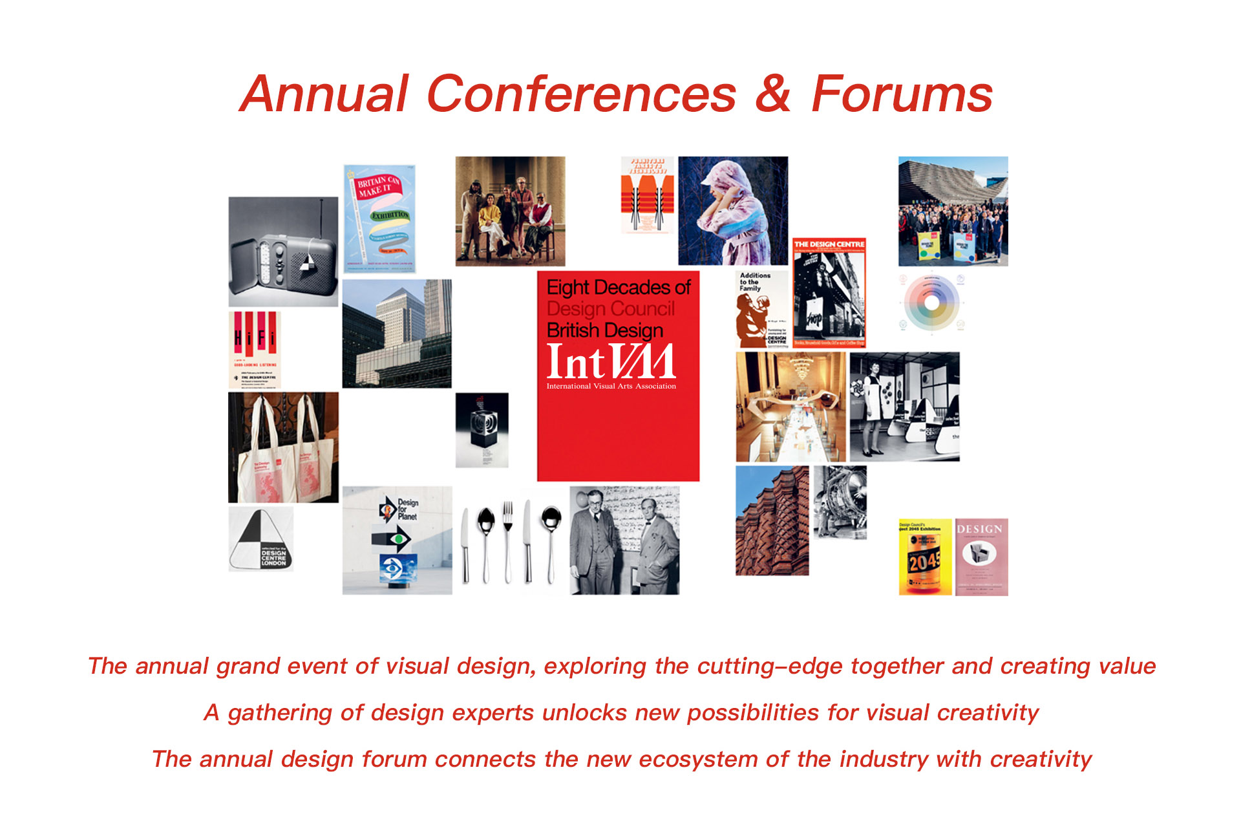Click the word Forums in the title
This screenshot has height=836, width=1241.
pyautogui.click(x=902, y=94)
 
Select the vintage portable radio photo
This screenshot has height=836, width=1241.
pyautogui.click(x=283, y=252)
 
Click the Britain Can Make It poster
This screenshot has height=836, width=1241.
pyautogui.click(x=379, y=218)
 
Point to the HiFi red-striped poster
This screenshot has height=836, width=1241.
pyautogui.click(x=255, y=349)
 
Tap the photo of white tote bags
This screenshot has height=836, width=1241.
pyautogui.click(x=283, y=447)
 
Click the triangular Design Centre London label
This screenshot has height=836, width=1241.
pyautogui.click(x=261, y=539)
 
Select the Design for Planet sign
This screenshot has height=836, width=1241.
pyautogui.click(x=397, y=540)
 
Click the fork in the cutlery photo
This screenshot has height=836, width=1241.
pyautogui.click(x=508, y=540)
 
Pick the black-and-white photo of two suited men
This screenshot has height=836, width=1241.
pyautogui.click(x=624, y=541)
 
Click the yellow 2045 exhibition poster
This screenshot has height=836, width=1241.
pyautogui.click(x=925, y=557)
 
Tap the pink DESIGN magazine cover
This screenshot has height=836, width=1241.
pyautogui.click(x=981, y=557)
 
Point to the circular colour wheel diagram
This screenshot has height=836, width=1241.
pyautogui.click(x=931, y=303)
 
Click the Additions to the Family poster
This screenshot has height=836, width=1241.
pyautogui.click(x=762, y=309)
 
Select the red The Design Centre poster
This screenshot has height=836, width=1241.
pyautogui.click(x=829, y=292)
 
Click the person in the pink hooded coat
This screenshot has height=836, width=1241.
pyautogui.click(x=733, y=211)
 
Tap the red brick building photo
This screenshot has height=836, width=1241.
pyautogui.click(x=772, y=520)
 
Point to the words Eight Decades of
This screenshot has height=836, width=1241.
pyautogui.click(x=619, y=287)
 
